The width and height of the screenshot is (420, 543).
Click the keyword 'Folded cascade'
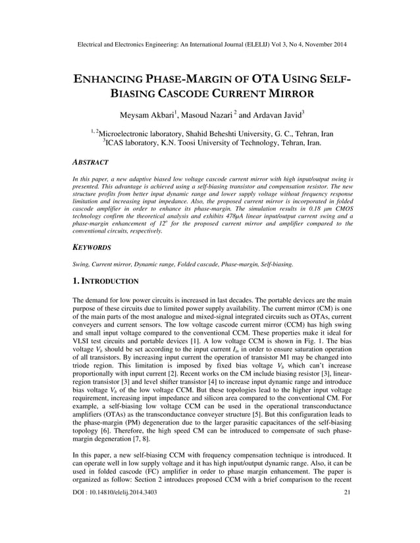click(209, 264)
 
